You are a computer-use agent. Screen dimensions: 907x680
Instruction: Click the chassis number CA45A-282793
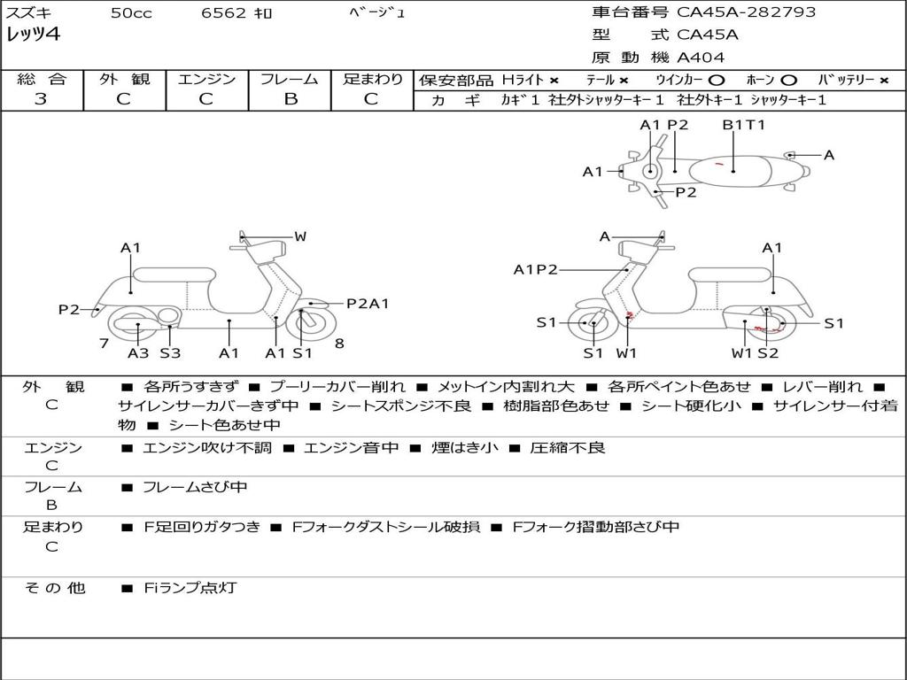[x=746, y=12]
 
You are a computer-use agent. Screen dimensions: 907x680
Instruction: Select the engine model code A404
[x=701, y=58]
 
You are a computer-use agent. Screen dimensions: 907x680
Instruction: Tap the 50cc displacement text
[x=130, y=12]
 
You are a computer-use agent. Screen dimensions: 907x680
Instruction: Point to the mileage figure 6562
[x=224, y=12]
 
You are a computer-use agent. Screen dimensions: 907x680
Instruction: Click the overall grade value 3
[x=41, y=99]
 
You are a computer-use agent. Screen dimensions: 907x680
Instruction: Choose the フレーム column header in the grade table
[x=290, y=79]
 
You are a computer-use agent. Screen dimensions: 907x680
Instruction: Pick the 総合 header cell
[x=41, y=79]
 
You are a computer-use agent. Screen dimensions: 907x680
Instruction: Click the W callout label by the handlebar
[x=300, y=236]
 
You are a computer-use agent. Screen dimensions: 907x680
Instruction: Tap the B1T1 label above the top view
[x=743, y=125]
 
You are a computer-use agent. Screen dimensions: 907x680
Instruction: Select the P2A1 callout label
[x=368, y=304]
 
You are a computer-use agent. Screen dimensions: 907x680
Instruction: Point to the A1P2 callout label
[x=536, y=269]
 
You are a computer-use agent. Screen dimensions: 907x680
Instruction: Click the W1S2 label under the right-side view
[x=755, y=353]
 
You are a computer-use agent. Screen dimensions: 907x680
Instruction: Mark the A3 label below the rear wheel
[x=138, y=353]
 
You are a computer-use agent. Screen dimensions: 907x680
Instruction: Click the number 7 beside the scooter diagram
[x=104, y=344]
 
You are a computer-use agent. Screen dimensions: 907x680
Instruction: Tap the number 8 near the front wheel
[x=339, y=344]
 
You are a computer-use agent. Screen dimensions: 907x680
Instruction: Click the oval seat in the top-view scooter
[x=733, y=168]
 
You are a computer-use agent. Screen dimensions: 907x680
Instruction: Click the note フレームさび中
[x=195, y=487]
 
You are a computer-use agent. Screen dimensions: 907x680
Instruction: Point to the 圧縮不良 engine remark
[x=568, y=448]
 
